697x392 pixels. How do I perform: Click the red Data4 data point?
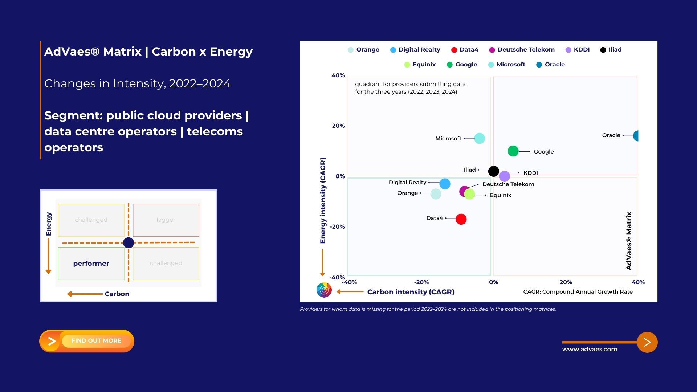click(461, 219)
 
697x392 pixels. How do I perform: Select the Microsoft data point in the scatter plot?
click(480, 138)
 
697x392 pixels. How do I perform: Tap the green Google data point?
click(513, 151)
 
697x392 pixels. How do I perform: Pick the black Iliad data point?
click(494, 171)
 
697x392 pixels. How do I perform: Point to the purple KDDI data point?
click(504, 176)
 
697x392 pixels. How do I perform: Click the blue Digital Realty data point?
click(445, 184)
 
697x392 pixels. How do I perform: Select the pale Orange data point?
click(436, 194)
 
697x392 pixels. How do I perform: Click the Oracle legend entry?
click(550, 65)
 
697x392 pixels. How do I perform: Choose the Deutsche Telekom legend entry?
click(522, 50)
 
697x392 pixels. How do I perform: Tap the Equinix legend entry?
click(420, 65)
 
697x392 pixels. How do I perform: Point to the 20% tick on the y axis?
click(338, 126)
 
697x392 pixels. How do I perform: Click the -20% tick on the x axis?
click(421, 282)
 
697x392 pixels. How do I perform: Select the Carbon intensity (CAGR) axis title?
click(411, 292)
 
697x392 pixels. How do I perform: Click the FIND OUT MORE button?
click(87, 341)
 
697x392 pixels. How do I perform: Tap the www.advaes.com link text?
click(590, 349)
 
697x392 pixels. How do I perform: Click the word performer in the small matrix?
click(91, 264)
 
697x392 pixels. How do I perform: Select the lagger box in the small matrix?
click(166, 220)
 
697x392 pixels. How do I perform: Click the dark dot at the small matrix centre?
click(129, 243)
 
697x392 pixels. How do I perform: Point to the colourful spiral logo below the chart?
click(324, 290)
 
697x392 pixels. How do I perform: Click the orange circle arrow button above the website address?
click(647, 342)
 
